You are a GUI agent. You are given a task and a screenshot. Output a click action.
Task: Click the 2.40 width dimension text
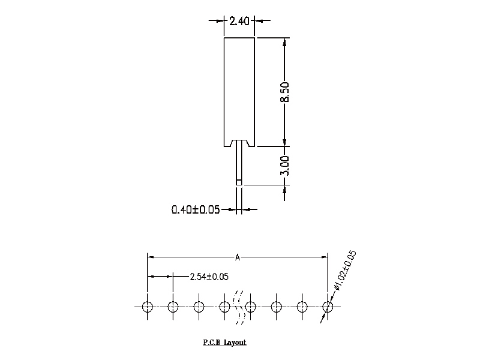[239, 21]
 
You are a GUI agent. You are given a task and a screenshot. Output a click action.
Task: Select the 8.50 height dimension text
[286, 92]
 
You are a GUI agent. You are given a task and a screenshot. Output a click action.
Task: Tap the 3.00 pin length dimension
[286, 166]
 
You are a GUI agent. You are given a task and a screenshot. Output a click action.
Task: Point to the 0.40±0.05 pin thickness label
[196, 209]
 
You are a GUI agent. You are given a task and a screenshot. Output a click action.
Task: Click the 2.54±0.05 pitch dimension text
[209, 277]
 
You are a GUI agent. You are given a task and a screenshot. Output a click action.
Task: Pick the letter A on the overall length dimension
[238, 257]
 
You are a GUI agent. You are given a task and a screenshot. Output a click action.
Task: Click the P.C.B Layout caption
[224, 343]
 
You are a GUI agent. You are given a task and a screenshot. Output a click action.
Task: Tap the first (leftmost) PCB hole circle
[148, 307]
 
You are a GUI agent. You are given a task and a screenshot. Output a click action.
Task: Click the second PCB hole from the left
[173, 307]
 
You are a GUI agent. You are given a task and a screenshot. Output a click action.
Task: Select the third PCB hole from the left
[199, 307]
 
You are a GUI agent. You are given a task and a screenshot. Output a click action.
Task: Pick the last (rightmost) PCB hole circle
[328, 307]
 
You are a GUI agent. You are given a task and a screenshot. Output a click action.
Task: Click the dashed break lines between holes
[238, 307]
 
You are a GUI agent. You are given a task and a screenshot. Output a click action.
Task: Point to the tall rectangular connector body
[239, 90]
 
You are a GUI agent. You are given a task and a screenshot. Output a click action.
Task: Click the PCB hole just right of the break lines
[251, 307]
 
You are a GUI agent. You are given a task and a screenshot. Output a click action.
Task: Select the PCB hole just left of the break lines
[224, 307]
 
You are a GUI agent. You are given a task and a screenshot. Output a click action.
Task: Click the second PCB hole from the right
[302, 307]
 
